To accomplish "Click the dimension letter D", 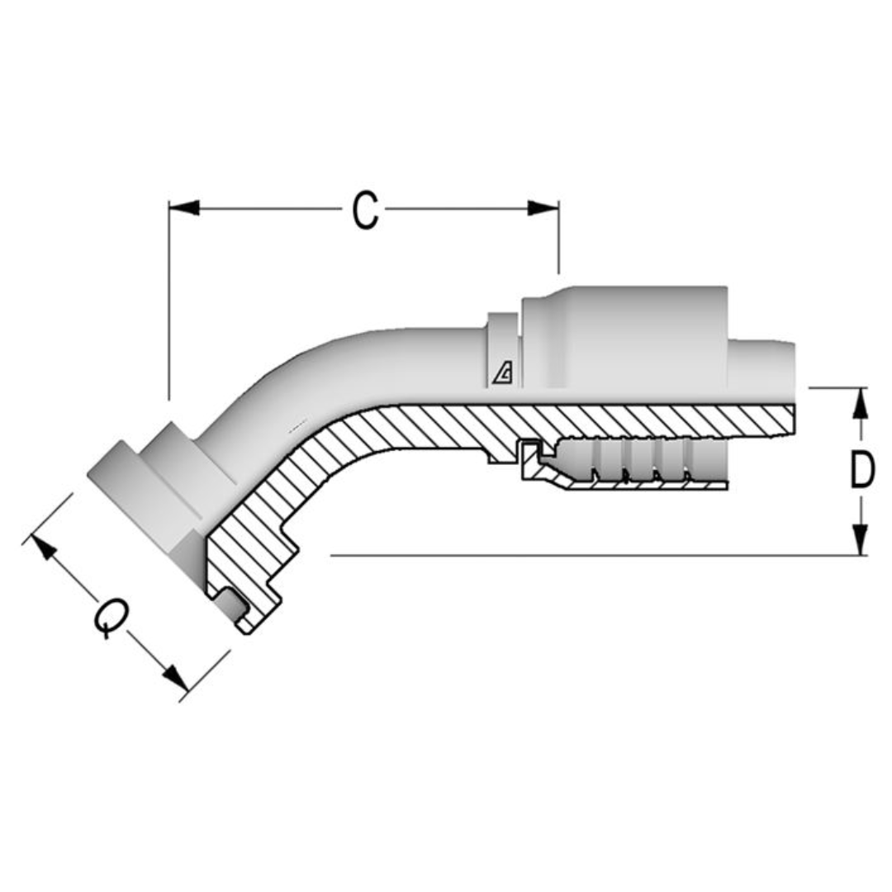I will pos(861,472).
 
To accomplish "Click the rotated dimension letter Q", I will pos(110,618).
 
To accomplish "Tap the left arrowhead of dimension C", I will pos(184,208).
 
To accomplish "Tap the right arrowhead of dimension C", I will pos(543,208).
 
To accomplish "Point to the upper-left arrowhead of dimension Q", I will pos(43,548).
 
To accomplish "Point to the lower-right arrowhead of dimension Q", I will pos(175,679).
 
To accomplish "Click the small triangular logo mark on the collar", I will pos(502,375).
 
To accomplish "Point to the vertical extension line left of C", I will pos(168,306).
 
